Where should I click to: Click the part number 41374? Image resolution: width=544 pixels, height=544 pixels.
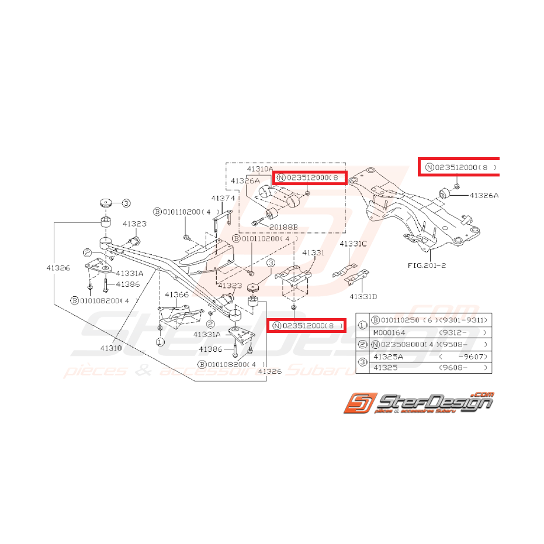click(x=223, y=198)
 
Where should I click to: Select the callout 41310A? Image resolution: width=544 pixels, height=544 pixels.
click(x=259, y=169)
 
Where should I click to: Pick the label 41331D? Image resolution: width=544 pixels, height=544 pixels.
click(x=363, y=296)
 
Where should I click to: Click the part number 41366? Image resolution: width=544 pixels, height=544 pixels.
click(x=176, y=294)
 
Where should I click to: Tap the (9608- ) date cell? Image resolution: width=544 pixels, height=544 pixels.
click(x=462, y=368)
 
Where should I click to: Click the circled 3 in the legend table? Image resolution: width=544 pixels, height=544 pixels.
click(x=362, y=362)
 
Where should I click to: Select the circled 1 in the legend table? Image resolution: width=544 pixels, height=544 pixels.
click(x=362, y=326)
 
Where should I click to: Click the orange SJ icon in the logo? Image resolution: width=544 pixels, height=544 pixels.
click(x=358, y=403)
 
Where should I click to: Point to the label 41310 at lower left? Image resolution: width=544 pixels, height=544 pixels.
click(x=111, y=348)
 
